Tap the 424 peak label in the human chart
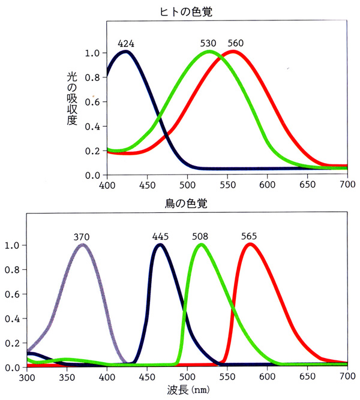(x=125, y=43)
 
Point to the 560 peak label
(x=236, y=43)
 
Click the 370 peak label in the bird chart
(x=83, y=236)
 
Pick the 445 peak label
(x=160, y=236)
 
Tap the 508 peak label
(x=200, y=236)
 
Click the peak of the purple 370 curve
(x=83, y=245)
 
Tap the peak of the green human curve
(x=209, y=52)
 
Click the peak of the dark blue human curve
(x=125, y=52)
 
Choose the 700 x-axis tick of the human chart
(x=347, y=184)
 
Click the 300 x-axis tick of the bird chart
(x=27, y=376)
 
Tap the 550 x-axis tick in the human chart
(x=227, y=184)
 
